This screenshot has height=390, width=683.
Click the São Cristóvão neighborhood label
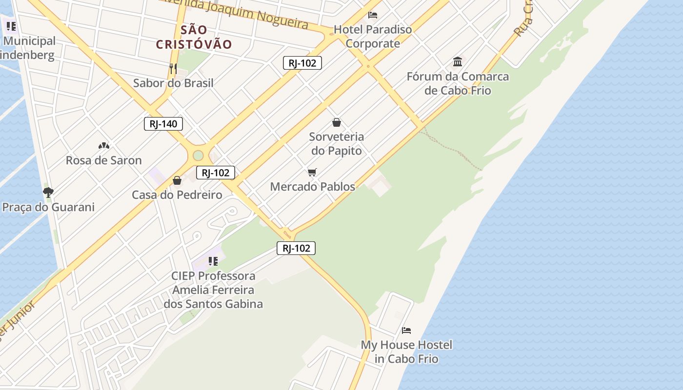pyautogui.click(x=194, y=37)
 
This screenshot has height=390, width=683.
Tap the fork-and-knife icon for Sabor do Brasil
pyautogui.click(x=173, y=68)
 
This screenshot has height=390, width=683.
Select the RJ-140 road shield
pyautogui.click(x=163, y=124)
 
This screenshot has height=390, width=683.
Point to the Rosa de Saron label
pyautogui.click(x=103, y=160)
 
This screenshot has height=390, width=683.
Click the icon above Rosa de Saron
pyautogui.click(x=103, y=145)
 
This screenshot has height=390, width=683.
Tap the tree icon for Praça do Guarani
pyautogui.click(x=48, y=192)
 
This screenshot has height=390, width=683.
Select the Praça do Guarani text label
pyautogui.click(x=48, y=207)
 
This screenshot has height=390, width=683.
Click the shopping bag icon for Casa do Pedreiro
pyautogui.click(x=177, y=181)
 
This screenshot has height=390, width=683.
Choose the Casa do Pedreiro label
pyautogui.click(x=177, y=195)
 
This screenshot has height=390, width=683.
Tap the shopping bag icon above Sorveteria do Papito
pyautogui.click(x=336, y=122)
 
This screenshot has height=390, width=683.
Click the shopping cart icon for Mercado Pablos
pyautogui.click(x=312, y=172)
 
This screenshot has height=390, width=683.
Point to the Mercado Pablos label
pyautogui.click(x=312, y=187)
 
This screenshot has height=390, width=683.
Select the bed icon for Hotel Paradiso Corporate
pyautogui.click(x=373, y=15)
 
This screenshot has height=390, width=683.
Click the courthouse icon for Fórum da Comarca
pyautogui.click(x=458, y=62)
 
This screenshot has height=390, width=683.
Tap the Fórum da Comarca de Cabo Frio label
pyautogui.click(x=458, y=83)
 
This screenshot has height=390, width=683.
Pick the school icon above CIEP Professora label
pyautogui.click(x=213, y=261)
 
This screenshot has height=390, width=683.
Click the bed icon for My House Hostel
pyautogui.click(x=406, y=331)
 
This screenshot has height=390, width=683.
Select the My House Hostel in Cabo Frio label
pyautogui.click(x=406, y=352)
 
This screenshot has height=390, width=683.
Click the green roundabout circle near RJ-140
pyautogui.click(x=198, y=156)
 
